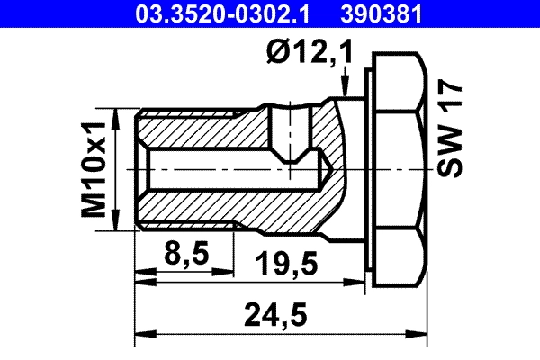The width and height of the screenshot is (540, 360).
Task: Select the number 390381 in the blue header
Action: click(x=381, y=13)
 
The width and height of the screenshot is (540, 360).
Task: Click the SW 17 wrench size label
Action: click(x=448, y=130)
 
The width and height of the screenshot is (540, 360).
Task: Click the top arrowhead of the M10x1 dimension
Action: click(x=118, y=116)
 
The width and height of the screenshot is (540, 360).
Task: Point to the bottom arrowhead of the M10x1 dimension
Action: click(x=118, y=224)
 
